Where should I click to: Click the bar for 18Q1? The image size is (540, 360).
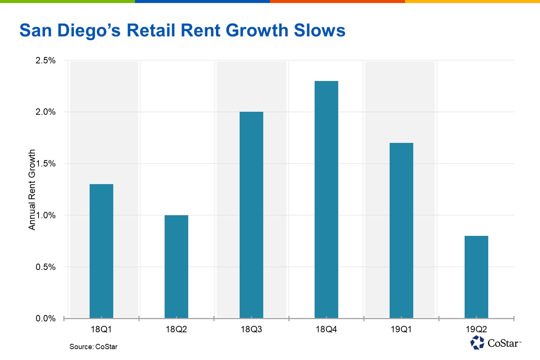(101, 251)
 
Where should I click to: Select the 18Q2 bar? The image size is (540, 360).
(176, 267)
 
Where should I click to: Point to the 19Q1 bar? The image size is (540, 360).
(401, 230)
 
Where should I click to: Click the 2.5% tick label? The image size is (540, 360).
(45, 60)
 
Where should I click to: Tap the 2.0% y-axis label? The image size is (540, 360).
(45, 112)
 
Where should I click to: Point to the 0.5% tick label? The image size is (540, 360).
(45, 267)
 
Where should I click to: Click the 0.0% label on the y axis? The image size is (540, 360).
(45, 318)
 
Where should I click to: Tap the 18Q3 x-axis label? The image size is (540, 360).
(251, 329)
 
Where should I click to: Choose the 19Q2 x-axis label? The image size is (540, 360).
(476, 329)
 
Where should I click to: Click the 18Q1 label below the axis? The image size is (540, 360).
(101, 329)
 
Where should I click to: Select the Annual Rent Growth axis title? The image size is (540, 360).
(32, 190)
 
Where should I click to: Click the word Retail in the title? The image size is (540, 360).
(151, 30)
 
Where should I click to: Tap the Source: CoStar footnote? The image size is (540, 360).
(93, 346)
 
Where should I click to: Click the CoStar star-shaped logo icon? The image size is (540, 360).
(477, 342)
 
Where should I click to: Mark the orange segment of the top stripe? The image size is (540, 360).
(337, 1)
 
